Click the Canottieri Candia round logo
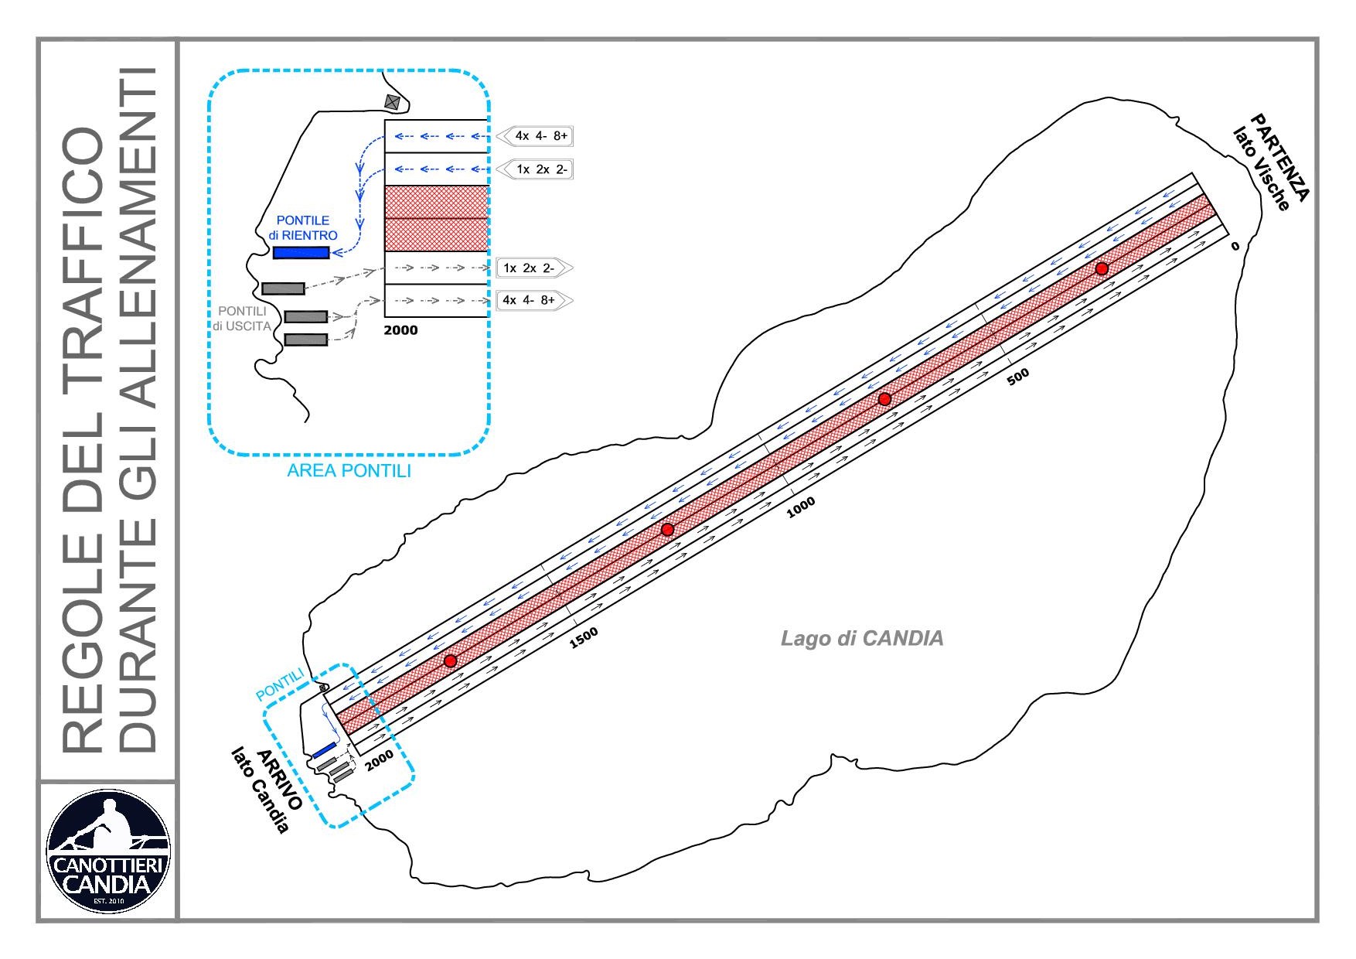[x=108, y=851]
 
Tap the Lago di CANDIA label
[x=862, y=638]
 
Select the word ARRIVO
[x=279, y=779]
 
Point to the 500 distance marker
[x=1018, y=377]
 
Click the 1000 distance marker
[x=800, y=507]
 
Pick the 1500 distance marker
[x=584, y=637]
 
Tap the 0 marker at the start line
[x=1234, y=246]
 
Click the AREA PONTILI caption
[x=349, y=470]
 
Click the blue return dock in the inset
[x=301, y=253]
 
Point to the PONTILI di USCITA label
[x=242, y=319]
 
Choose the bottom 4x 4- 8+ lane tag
[x=533, y=300]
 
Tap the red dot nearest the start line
[x=1102, y=268]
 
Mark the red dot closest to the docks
[x=450, y=660]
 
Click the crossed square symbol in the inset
[x=394, y=101]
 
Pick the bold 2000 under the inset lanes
[x=400, y=330]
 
